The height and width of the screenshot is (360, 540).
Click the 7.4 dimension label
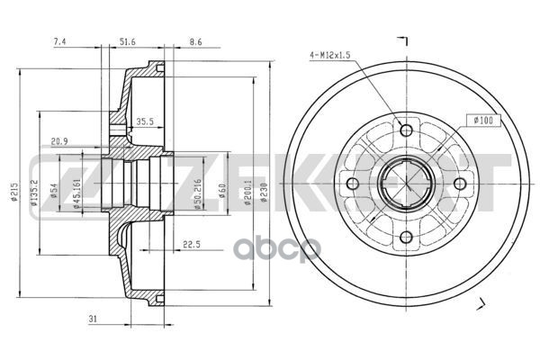[60, 41]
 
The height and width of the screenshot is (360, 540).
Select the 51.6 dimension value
[128, 41]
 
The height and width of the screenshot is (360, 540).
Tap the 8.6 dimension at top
[194, 41]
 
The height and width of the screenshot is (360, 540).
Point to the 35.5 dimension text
[145, 120]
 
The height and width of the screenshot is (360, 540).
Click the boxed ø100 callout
[481, 120]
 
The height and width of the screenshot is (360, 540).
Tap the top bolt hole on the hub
[406, 131]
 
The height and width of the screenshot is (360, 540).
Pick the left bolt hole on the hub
[353, 184]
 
